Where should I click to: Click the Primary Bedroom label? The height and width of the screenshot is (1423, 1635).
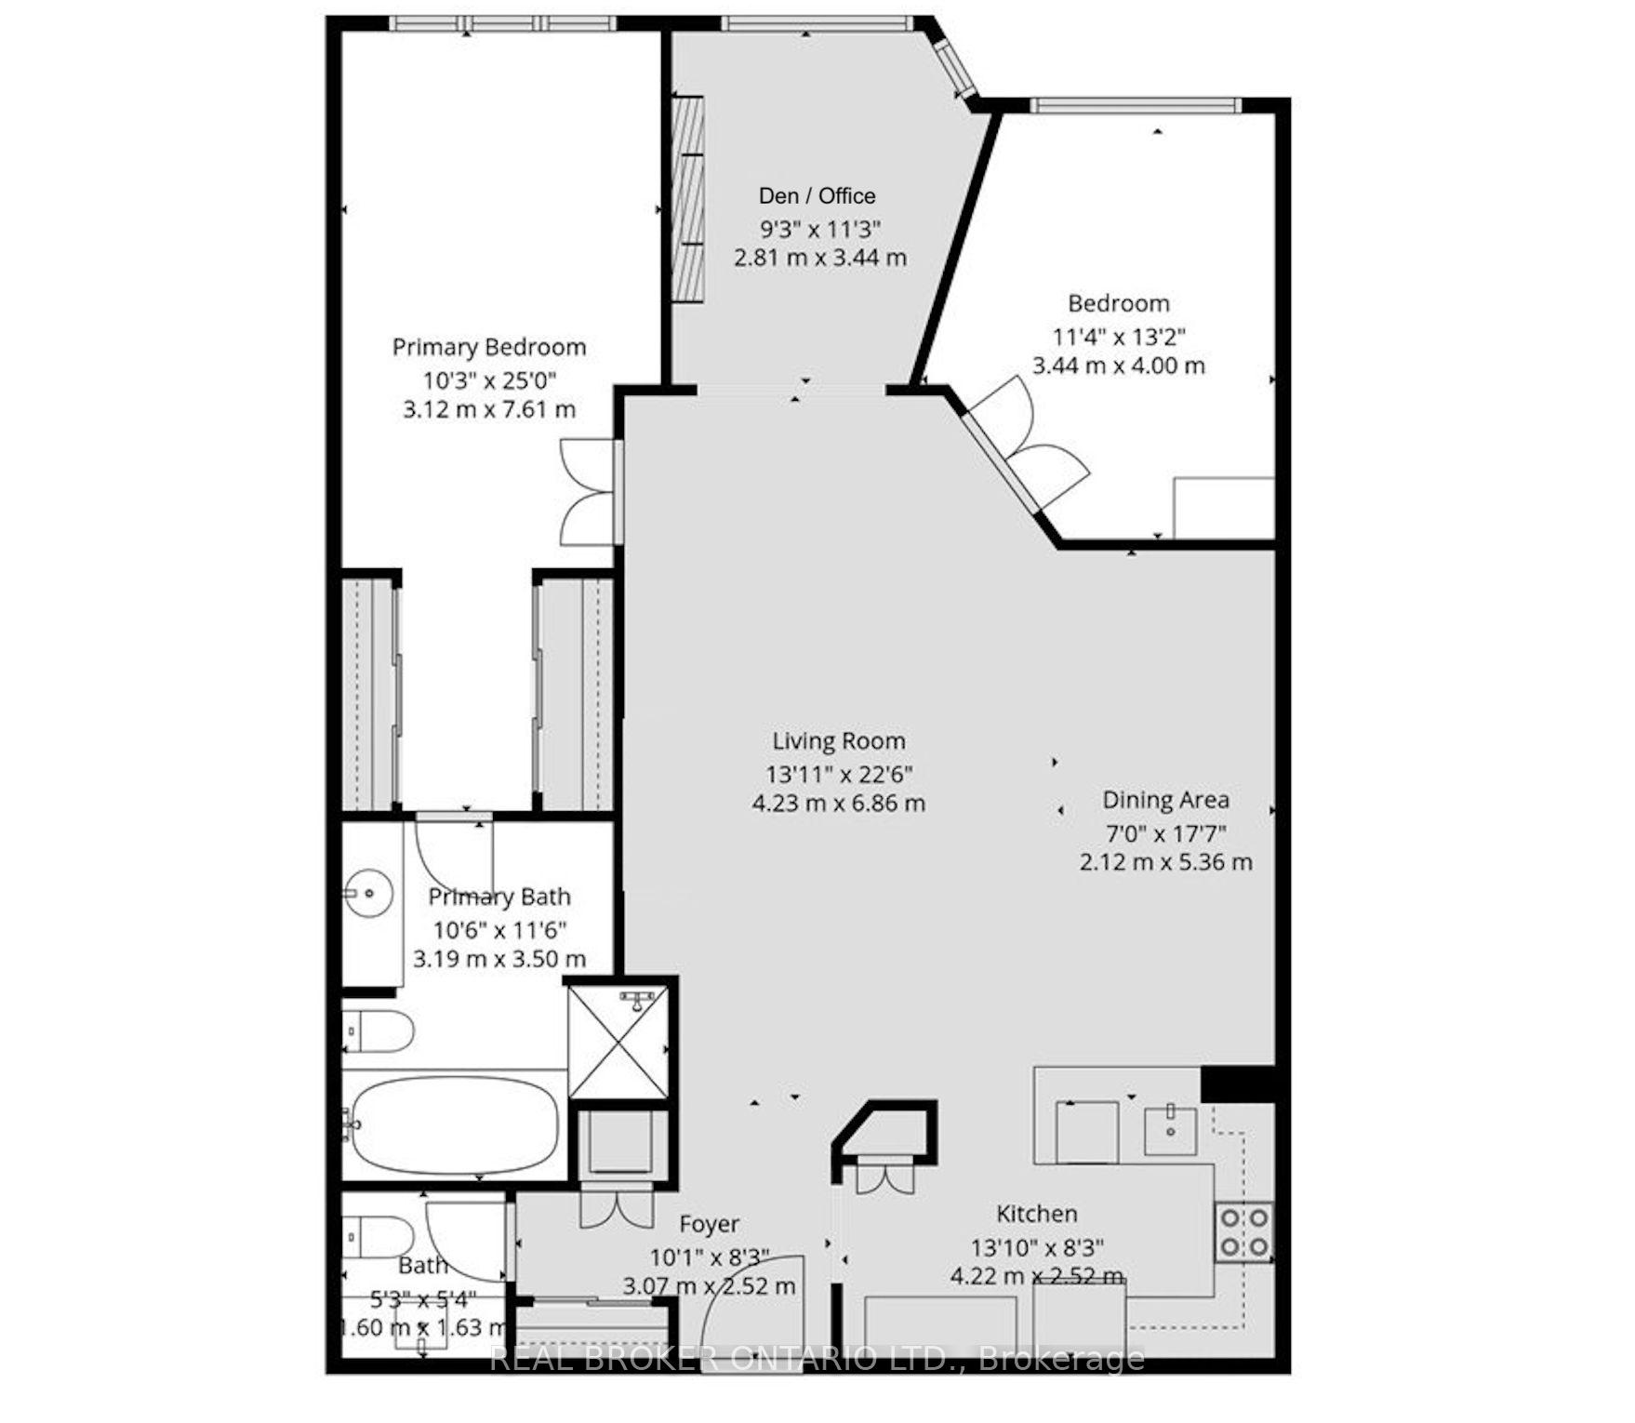(x=489, y=347)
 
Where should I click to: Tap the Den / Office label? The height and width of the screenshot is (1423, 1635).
(x=817, y=195)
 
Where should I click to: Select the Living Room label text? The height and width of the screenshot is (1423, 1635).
(x=838, y=741)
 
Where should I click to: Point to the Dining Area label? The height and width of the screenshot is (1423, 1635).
(x=1165, y=800)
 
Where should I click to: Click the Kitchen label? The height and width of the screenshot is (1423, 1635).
(x=1037, y=1214)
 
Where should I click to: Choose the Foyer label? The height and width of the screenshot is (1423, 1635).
(x=709, y=1224)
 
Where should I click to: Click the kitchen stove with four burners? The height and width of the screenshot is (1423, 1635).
(x=1244, y=1231)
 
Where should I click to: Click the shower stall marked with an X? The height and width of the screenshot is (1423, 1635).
(x=618, y=1041)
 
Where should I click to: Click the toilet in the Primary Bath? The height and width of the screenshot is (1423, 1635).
(x=379, y=1030)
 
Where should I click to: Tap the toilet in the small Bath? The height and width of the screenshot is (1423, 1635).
(x=379, y=1235)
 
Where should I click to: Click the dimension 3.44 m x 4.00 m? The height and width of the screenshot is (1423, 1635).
(x=1118, y=366)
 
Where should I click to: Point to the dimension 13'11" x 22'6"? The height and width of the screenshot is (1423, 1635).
(x=838, y=773)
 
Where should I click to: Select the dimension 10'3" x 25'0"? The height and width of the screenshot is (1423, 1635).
(x=489, y=379)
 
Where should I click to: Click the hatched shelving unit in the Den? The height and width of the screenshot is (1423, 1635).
(x=687, y=198)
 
